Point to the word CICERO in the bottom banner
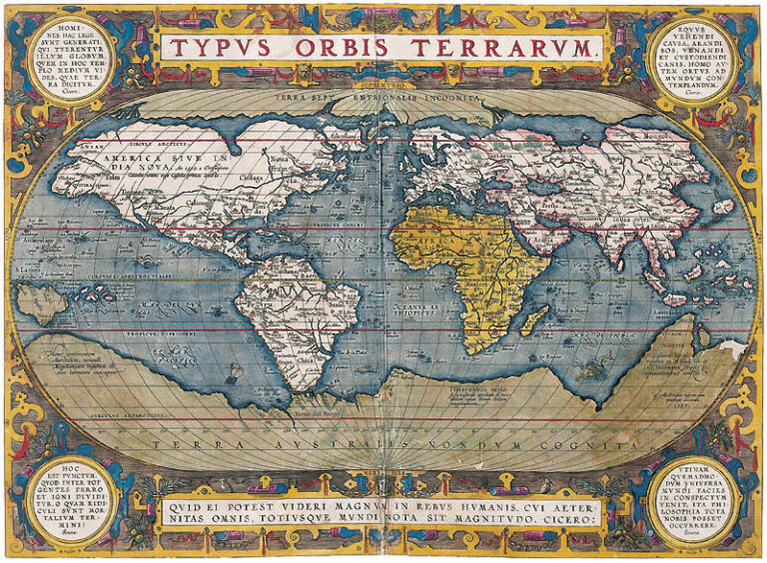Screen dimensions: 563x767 pyautogui.click(x=569, y=522)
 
